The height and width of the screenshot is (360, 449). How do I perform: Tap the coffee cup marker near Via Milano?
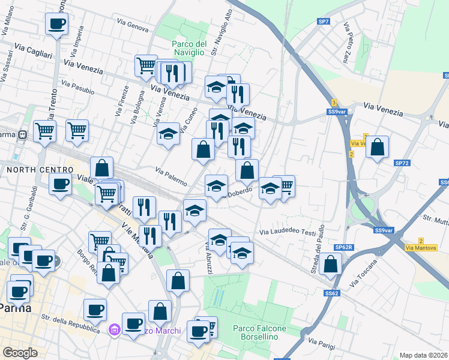[56, 25]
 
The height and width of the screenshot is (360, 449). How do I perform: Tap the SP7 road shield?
[324, 22]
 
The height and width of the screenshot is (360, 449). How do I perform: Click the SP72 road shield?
[402, 163]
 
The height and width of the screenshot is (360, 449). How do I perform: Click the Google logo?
[20, 353]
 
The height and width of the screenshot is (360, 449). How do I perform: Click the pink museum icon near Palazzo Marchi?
[114, 329]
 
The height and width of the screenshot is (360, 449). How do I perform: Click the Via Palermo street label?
[171, 176]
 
